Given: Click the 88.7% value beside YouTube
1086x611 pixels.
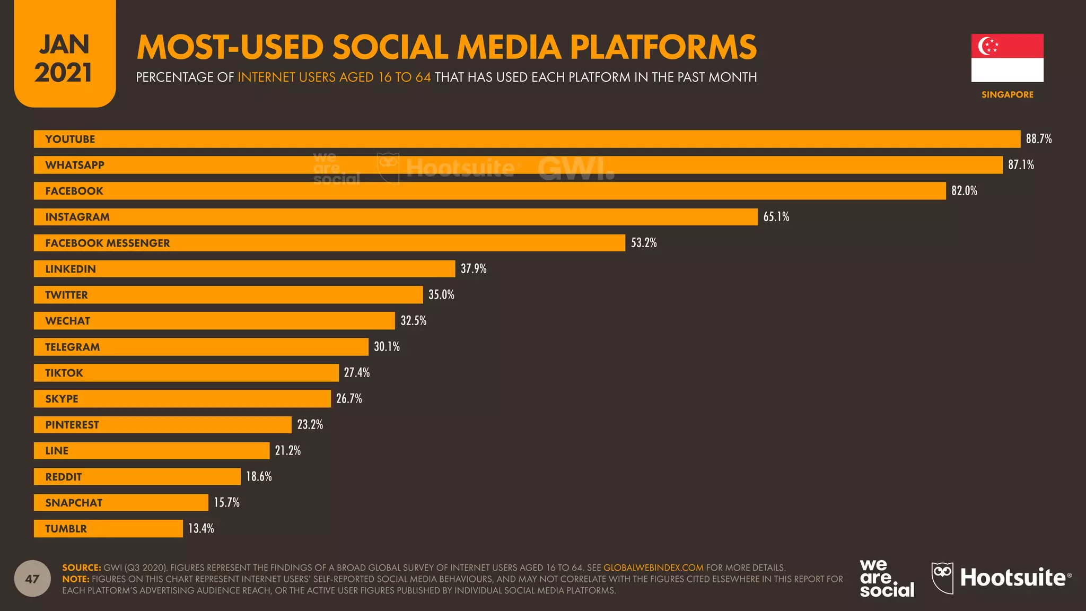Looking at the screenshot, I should click(x=1038, y=139).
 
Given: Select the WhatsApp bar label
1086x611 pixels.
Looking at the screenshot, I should click(x=75, y=165).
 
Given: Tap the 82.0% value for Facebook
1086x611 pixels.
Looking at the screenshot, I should click(x=964, y=191).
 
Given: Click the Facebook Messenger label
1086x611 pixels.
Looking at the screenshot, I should click(x=108, y=243).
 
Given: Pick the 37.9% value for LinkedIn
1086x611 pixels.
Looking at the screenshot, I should click(x=473, y=269).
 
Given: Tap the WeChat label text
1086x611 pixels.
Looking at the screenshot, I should click(x=67, y=321).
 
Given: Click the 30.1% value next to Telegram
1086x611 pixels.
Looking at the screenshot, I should click(x=387, y=347).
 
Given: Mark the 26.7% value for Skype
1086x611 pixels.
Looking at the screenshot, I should click(x=349, y=399).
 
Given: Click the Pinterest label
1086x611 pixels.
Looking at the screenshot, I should click(x=72, y=425).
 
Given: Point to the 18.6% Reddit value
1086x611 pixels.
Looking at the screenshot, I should click(x=259, y=477).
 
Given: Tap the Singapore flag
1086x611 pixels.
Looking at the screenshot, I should click(x=1007, y=58).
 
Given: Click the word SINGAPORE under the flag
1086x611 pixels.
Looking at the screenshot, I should click(x=1007, y=94).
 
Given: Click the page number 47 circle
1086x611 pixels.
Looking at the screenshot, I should click(x=32, y=579).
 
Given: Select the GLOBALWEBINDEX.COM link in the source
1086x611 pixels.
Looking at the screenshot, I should click(x=653, y=568).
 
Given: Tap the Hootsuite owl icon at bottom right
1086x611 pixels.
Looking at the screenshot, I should click(x=942, y=578).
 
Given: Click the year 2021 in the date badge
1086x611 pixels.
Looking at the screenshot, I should click(x=64, y=73).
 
